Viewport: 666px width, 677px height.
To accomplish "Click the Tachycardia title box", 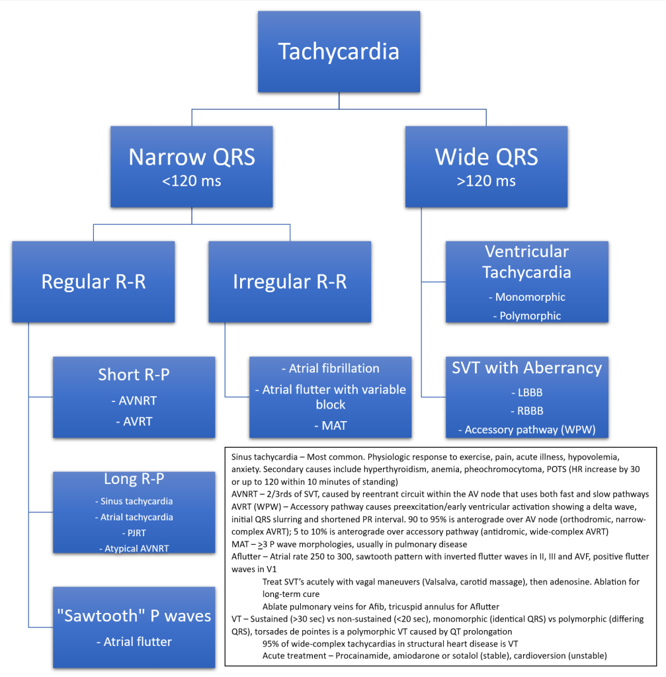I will click(339, 51).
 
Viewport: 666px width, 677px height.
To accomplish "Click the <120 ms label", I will click(192, 180).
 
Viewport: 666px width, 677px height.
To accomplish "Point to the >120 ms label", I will click(486, 180).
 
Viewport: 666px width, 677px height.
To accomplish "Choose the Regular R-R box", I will click(93, 282).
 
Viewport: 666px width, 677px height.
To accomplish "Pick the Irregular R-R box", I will click(290, 282).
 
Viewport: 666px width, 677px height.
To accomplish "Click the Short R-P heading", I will click(134, 374).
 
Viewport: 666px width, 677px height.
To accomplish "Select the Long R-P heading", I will click(134, 478).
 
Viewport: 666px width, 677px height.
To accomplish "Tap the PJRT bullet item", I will click(134, 533).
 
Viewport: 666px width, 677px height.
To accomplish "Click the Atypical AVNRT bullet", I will click(134, 548).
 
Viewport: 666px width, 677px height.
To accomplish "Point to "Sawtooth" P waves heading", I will click(134, 616).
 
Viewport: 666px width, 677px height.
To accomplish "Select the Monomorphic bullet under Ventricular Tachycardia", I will click(526, 298).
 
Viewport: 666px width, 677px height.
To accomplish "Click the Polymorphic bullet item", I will click(526, 316).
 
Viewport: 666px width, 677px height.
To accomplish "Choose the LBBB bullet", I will click(526, 393).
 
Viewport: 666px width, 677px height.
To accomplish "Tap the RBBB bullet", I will click(526, 411).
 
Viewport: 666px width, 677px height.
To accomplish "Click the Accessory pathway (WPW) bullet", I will click(526, 430).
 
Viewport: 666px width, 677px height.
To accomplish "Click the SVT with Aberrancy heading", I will click(526, 368).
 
